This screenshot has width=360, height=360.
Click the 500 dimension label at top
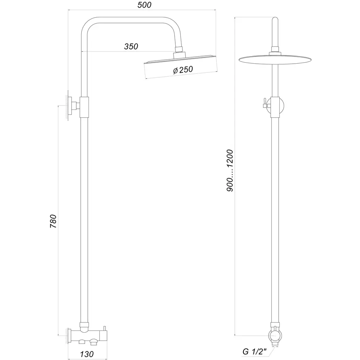click(x=144, y=5)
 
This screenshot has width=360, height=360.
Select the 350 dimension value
click(x=131, y=46)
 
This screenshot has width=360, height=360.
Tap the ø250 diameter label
click(x=183, y=70)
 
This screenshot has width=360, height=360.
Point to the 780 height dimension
click(x=53, y=221)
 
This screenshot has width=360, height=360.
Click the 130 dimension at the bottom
click(x=87, y=354)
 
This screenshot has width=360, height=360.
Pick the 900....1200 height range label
click(x=230, y=170)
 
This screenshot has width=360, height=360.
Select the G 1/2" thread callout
click(x=255, y=351)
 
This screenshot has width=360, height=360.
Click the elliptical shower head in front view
click(x=275, y=60)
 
